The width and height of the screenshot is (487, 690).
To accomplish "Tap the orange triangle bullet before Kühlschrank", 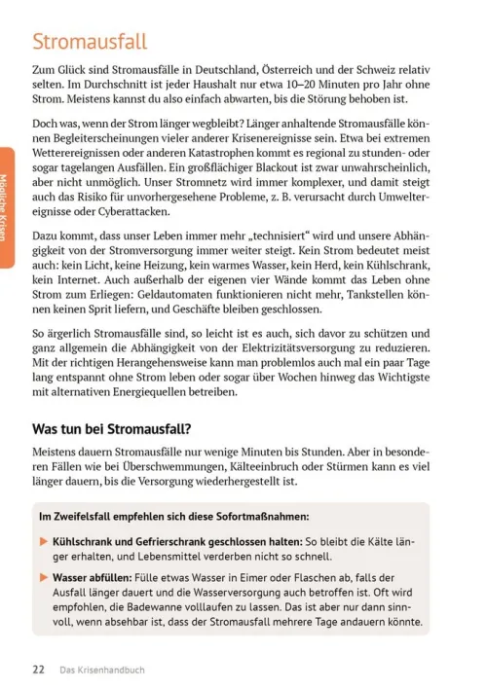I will pos(43,540).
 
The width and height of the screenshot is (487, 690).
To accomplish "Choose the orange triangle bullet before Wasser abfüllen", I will pos(43,575).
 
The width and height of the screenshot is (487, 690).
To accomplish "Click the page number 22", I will pos(39,669).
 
